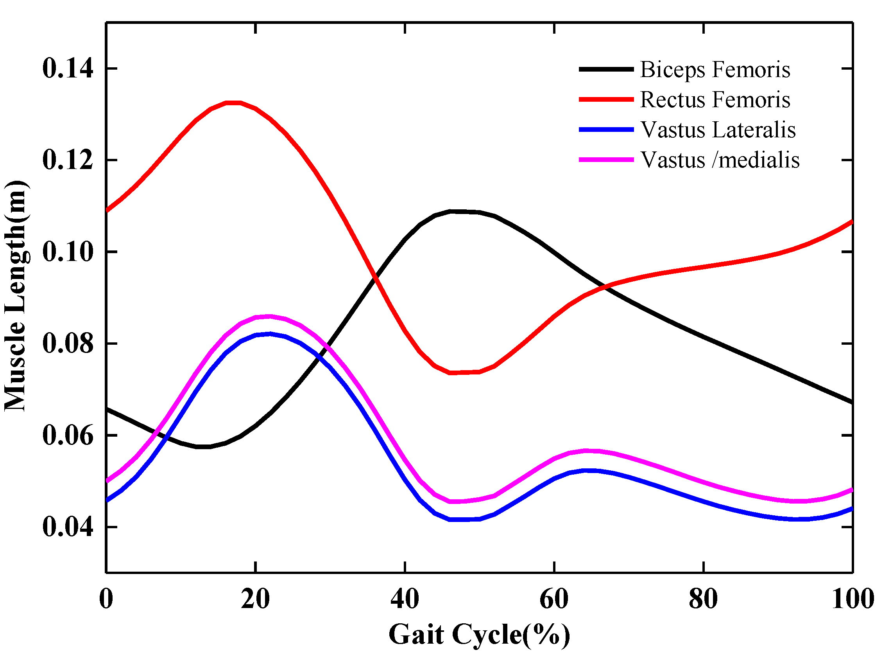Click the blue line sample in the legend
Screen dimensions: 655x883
tap(606, 130)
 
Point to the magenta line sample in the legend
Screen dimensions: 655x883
tap(606, 160)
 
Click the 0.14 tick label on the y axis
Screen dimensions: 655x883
tap(68, 68)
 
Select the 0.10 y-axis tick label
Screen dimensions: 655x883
tap(68, 252)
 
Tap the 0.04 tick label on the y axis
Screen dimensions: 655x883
tap(68, 527)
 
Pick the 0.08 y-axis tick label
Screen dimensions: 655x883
tap(68, 344)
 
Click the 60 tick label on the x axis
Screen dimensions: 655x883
tap(554, 599)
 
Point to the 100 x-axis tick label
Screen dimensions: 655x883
tap(852, 599)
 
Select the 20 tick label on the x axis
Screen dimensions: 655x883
tap(255, 599)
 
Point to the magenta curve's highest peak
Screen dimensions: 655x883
tap(269, 317)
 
